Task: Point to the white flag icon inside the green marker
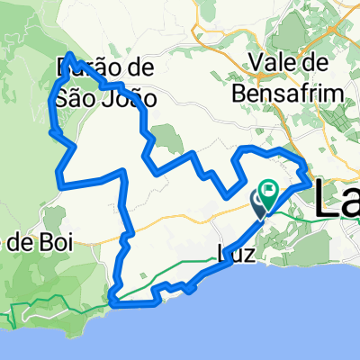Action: (x=269, y=190)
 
